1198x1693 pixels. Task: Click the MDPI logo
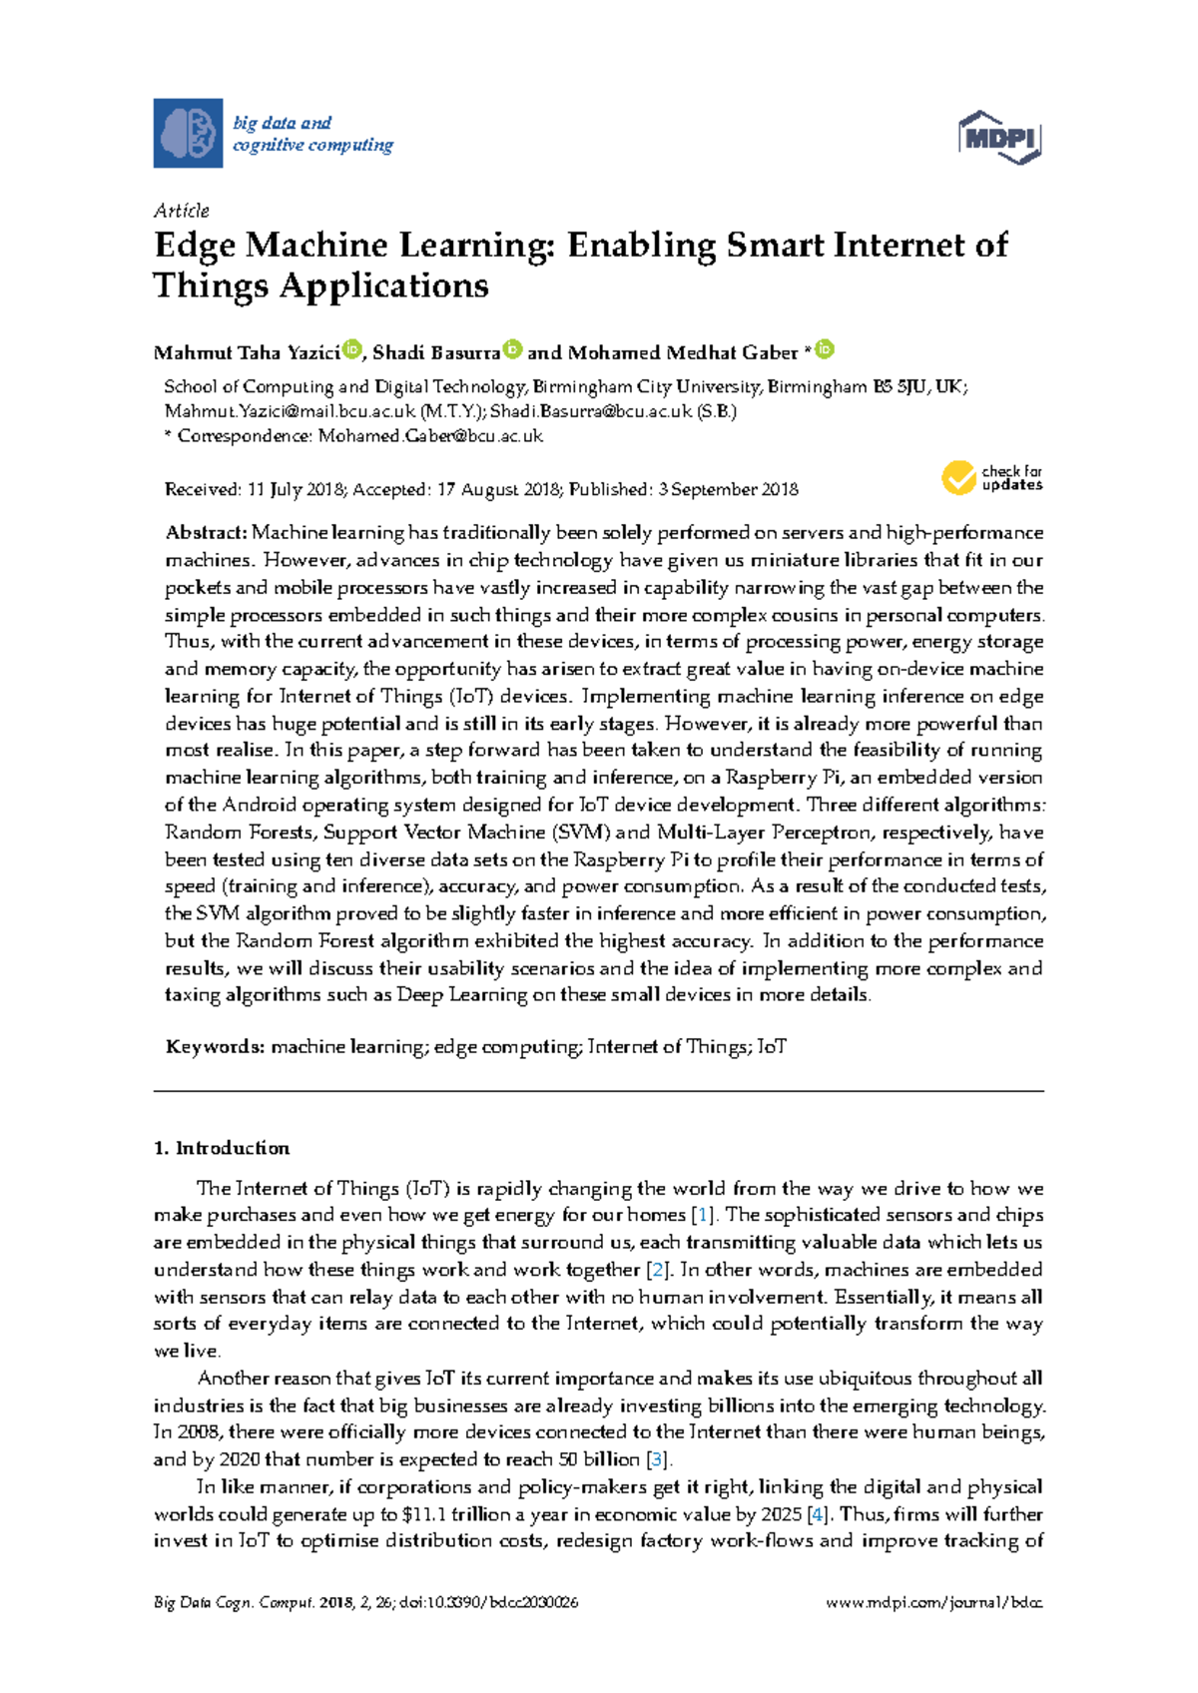click(x=999, y=137)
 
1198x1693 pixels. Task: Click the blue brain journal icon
click(x=188, y=133)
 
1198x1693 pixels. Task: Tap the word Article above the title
click(x=182, y=211)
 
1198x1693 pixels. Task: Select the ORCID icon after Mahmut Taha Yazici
click(x=352, y=349)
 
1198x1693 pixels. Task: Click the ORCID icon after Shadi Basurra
click(x=512, y=349)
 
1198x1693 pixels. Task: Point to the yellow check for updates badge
click(x=959, y=478)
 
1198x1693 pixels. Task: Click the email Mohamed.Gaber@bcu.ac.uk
click(x=430, y=436)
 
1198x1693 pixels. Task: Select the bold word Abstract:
click(x=206, y=533)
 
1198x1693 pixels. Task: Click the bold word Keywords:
click(x=215, y=1047)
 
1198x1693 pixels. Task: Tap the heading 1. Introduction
click(x=222, y=1148)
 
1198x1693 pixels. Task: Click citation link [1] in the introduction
click(x=706, y=1216)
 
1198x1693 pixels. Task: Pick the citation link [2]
click(x=657, y=1271)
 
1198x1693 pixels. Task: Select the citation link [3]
click(x=656, y=1459)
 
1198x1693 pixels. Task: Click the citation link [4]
click(x=820, y=1514)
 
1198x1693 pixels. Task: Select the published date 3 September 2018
click(x=729, y=490)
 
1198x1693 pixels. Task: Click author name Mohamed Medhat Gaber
click(x=682, y=353)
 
